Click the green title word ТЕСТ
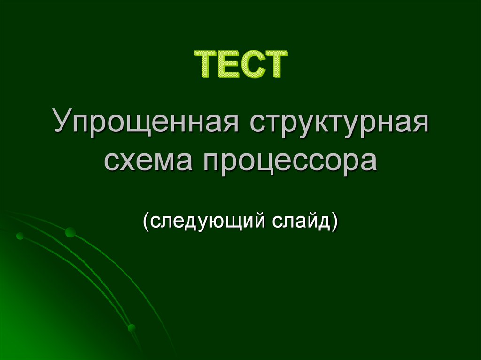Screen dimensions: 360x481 (x=240, y=65)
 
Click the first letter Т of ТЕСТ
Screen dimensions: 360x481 (x=205, y=65)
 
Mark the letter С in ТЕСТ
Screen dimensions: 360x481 (x=250, y=65)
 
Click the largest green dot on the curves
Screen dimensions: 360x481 (x=70, y=231)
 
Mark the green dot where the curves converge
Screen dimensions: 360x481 (x=132, y=327)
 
